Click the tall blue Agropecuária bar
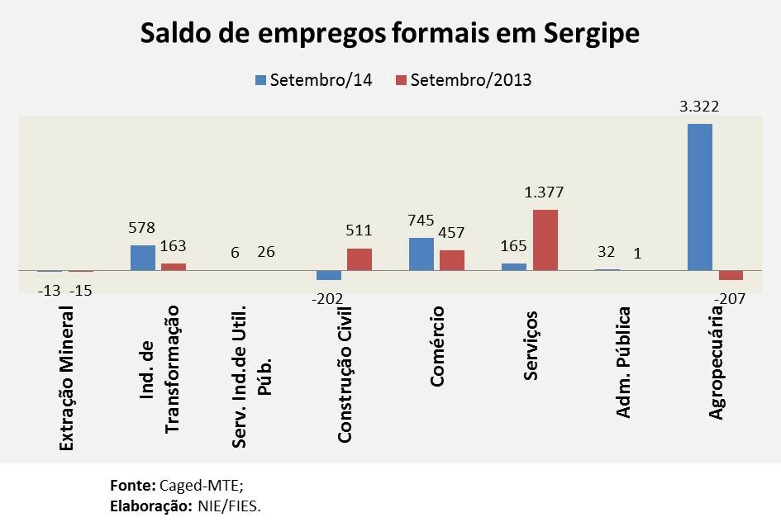699,197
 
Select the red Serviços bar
545,240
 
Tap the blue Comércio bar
421,254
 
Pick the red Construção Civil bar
359,259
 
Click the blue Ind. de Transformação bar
142,258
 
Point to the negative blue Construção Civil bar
329,275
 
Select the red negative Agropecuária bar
731,275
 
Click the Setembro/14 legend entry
313,80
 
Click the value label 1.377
545,192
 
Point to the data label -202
328,298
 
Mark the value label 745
421,221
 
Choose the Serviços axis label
531,345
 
